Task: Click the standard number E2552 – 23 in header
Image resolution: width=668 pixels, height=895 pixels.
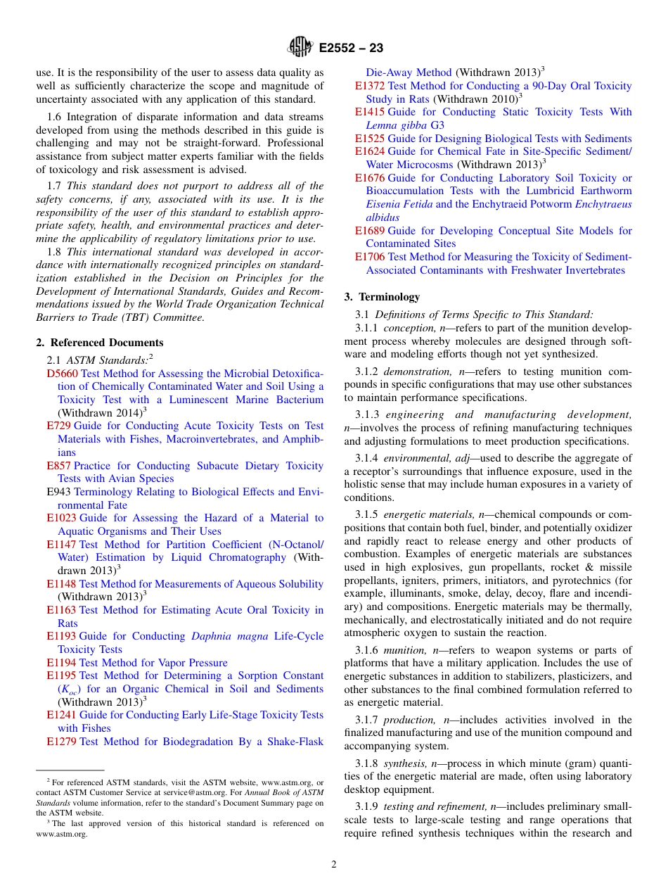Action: pyautogui.click(x=351, y=49)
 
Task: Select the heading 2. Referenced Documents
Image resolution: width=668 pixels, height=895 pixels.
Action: pyautogui.click(x=100, y=343)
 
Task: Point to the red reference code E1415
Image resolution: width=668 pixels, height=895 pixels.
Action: pyautogui.click(x=370, y=112)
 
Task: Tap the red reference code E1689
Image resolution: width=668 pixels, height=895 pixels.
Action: pyautogui.click(x=370, y=231)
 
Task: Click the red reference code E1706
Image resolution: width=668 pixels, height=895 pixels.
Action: pyautogui.click(x=370, y=257)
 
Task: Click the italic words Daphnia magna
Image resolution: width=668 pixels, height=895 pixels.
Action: pyautogui.click(x=230, y=636)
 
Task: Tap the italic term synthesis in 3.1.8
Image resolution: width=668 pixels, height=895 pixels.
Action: pyautogui.click(x=406, y=763)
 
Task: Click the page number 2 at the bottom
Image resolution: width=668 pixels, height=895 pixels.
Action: pyautogui.click(x=334, y=865)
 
